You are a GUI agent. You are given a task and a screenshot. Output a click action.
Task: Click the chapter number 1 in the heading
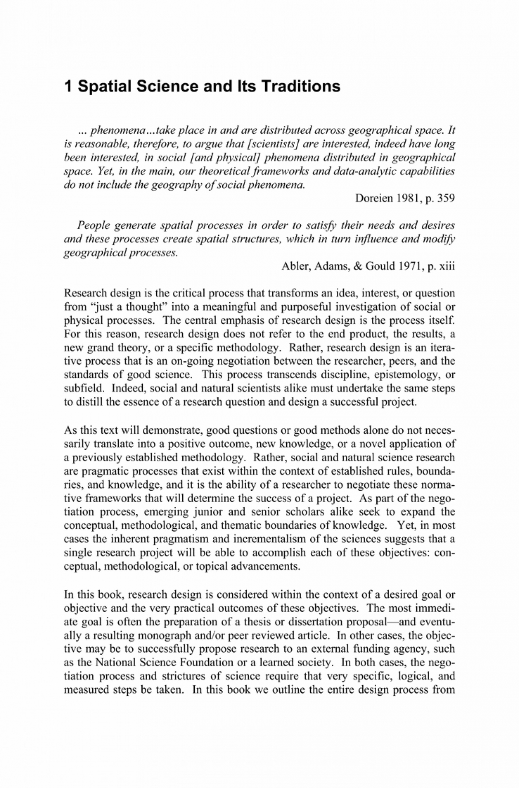pos(68,86)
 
